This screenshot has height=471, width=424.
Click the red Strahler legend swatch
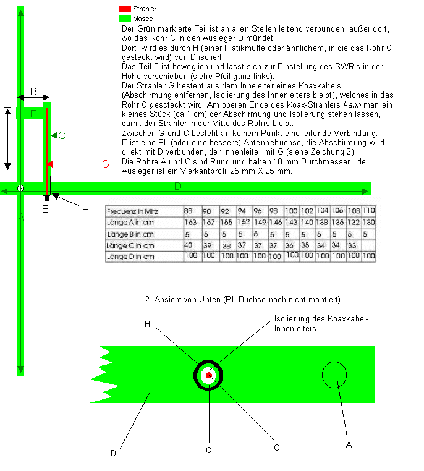[124, 9]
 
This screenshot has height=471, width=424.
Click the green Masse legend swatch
[124, 19]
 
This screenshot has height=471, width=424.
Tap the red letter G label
[105, 164]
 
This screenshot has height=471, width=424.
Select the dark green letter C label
[62, 135]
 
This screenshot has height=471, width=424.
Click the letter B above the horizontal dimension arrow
[33, 92]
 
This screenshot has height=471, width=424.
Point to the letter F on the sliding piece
[33, 114]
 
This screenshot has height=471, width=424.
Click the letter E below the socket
[45, 208]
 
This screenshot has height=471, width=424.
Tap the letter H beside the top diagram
[85, 209]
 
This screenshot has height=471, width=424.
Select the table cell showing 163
[191, 222]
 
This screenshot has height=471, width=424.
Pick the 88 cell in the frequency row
[189, 211]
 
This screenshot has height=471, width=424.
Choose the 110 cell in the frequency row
[369, 211]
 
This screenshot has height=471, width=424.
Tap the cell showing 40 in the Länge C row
[189, 245]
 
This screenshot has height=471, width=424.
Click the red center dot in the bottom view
[209, 375]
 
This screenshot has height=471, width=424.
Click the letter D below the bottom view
[113, 453]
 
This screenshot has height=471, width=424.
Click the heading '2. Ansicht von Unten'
[242, 300]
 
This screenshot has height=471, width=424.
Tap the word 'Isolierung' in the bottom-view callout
[290, 320]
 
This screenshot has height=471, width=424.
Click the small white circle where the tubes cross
[21, 188]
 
